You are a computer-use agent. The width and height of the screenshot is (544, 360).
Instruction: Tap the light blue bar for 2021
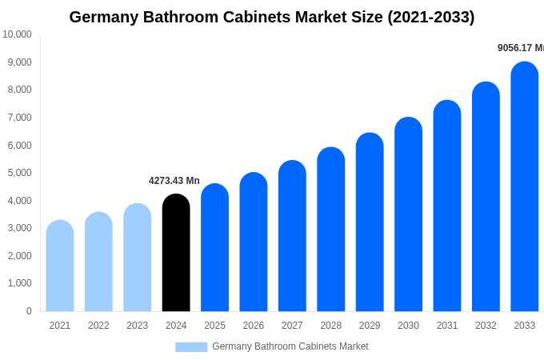pyautogui.click(x=60, y=266)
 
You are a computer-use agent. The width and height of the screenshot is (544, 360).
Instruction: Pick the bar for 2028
pyautogui.click(x=331, y=230)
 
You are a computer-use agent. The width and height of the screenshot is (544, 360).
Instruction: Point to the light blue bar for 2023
pyautogui.click(x=138, y=258)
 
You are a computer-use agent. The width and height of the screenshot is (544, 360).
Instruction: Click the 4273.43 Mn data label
pyautogui.click(x=174, y=181)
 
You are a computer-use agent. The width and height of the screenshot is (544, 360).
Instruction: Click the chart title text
pyautogui.click(x=272, y=17)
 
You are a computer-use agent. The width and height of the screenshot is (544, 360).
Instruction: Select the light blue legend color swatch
pyautogui.click(x=191, y=346)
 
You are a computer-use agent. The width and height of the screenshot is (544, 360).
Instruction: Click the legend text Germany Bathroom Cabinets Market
pyautogui.click(x=290, y=346)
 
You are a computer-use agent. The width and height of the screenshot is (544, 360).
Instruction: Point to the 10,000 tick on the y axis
pyautogui.click(x=17, y=34)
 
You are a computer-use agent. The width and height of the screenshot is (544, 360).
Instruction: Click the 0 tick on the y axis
pyautogui.click(x=29, y=311)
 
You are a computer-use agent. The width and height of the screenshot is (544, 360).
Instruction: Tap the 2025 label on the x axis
pyautogui.click(x=214, y=326)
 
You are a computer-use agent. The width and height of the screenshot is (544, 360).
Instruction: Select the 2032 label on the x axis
pyautogui.click(x=486, y=326)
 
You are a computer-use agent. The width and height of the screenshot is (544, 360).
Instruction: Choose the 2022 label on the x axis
pyautogui.click(x=98, y=326)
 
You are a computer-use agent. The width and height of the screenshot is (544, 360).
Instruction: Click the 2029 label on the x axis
pyautogui.click(x=370, y=326)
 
